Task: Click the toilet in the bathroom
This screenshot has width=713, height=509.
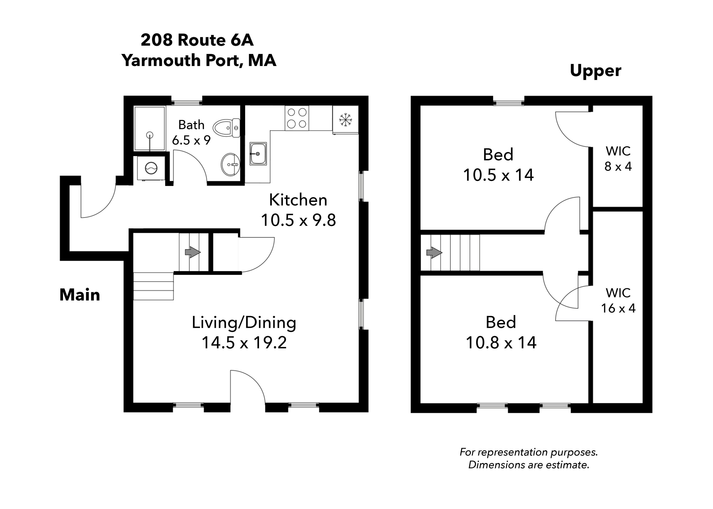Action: click(226, 128)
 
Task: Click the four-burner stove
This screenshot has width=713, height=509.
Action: click(296, 118)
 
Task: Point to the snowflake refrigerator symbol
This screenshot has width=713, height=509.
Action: click(345, 120)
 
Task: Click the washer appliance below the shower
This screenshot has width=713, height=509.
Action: click(151, 168)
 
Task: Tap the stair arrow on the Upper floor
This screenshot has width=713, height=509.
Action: click(434, 252)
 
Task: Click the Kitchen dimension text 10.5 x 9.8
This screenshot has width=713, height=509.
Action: click(298, 220)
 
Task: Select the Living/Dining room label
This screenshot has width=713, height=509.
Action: click(244, 322)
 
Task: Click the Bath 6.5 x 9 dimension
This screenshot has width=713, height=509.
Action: click(191, 140)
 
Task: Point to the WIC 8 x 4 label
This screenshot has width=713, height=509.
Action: click(618, 158)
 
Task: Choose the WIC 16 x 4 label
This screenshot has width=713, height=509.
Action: click(618, 301)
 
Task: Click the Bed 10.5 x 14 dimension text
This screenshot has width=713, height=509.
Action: click(498, 175)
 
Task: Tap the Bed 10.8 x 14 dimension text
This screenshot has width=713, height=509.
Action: click(501, 343)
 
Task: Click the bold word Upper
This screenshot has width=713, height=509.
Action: click(595, 71)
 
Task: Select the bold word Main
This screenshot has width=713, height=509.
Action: click(80, 295)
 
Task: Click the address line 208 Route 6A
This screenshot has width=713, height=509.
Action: click(197, 40)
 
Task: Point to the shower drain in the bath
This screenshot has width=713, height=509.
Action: click(150, 135)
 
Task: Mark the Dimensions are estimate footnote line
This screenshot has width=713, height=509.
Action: click(528, 465)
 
